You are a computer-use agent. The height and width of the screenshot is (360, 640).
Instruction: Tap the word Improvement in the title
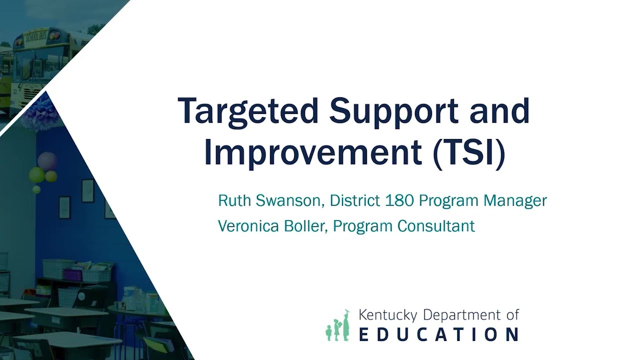[x=313, y=153]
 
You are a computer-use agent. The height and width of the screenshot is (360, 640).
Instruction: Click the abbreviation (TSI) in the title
[x=468, y=153]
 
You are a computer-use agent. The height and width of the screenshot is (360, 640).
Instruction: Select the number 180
[x=399, y=201]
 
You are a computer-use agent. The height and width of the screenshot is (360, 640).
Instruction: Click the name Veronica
[x=246, y=226]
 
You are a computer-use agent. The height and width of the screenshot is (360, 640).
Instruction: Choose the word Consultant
[x=436, y=226]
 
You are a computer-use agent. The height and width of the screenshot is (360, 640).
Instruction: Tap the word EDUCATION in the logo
[x=438, y=334]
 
